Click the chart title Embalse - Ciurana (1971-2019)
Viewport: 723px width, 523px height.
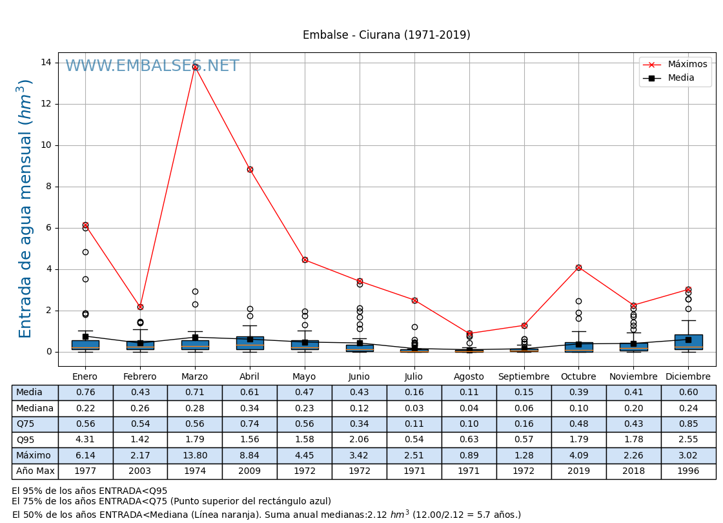[386, 36]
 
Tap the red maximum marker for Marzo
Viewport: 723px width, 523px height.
[195, 67]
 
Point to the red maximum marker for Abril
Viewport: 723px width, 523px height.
[250, 169]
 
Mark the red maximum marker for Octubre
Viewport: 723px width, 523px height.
[578, 267]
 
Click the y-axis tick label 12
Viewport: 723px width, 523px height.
[46, 104]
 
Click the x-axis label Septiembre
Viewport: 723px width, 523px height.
[524, 377]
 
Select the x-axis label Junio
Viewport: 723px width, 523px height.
[359, 377]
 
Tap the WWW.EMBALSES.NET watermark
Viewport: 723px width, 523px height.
[152, 66]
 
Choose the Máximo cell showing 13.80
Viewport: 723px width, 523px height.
[195, 456]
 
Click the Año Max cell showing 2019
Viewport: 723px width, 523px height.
[578, 471]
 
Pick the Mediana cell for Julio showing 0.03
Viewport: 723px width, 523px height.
[414, 409]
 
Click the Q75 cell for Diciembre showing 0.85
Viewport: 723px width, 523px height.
[688, 424]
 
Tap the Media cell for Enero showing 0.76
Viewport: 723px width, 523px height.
[85, 393]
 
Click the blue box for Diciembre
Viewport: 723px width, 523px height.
[688, 342]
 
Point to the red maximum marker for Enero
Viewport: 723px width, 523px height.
[85, 225]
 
